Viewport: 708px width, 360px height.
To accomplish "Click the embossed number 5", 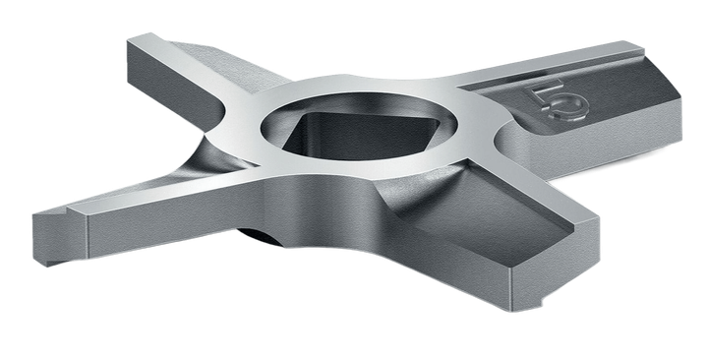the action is pos(559,101).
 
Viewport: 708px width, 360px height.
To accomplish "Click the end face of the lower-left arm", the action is pos(60,238).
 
